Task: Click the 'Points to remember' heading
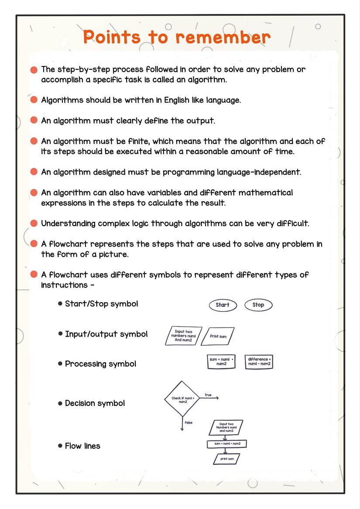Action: click(x=177, y=37)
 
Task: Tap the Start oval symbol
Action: click(x=223, y=305)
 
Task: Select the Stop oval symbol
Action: click(x=258, y=305)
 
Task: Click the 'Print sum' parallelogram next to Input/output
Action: click(x=219, y=337)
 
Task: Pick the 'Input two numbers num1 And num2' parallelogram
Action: click(x=184, y=336)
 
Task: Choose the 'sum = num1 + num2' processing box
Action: click(x=221, y=361)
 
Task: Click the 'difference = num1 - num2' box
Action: click(x=259, y=361)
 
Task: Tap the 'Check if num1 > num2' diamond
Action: click(x=182, y=399)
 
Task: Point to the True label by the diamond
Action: click(x=208, y=395)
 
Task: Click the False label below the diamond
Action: click(x=189, y=423)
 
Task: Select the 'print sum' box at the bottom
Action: click(x=227, y=459)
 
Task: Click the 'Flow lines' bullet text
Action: click(x=82, y=446)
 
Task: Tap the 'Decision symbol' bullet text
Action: click(x=95, y=403)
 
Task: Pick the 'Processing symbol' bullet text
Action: click(x=100, y=364)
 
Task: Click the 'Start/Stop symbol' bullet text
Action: click(x=101, y=304)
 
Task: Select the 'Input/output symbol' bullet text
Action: click(x=106, y=334)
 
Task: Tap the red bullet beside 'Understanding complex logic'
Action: click(x=34, y=224)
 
